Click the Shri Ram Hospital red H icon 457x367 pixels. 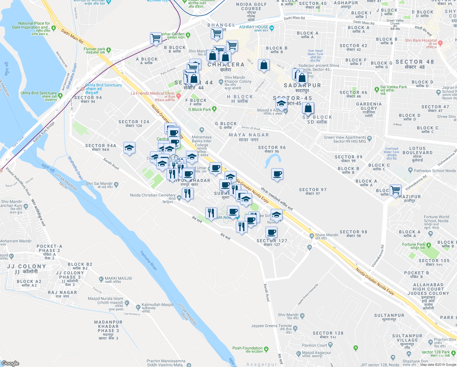pos(440,43)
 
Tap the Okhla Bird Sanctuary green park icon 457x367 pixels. pos(60,96)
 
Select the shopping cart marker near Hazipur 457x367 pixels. pos(395,190)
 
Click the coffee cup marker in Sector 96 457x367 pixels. pos(277,174)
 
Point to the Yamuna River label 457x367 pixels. pos(149,261)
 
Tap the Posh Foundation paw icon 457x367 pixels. pos(266,349)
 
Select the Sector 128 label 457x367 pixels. pos(328,333)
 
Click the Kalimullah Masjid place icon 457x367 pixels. pos(138,306)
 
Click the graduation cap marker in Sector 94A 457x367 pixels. pos(129,148)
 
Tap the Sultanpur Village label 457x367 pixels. pos(407,338)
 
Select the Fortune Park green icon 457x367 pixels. pos(429,245)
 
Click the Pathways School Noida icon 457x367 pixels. pos(410,170)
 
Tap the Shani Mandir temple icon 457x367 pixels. pos(312,236)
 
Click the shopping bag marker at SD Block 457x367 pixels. pos(308,108)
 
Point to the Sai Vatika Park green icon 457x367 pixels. pos(377,90)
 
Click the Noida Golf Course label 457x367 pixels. pos(251,6)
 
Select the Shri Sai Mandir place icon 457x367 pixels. pos(116,184)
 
